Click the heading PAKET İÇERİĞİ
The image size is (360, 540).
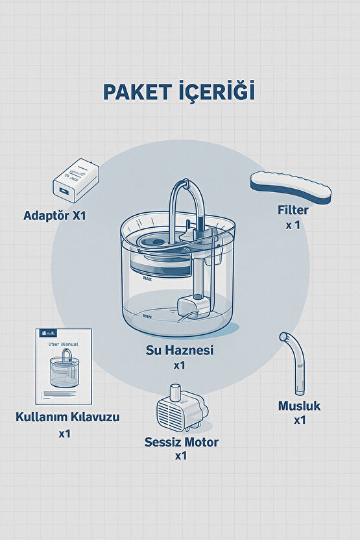[x=179, y=92]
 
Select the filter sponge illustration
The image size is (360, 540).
[x=291, y=187]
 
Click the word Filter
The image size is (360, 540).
[x=292, y=210]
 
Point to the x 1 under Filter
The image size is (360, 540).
[x=292, y=225]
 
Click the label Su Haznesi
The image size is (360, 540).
[x=180, y=350]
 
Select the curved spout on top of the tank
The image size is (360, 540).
[x=187, y=204]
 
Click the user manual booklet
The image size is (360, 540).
[x=64, y=367]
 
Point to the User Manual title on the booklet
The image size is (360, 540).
[x=63, y=346]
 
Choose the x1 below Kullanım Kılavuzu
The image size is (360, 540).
[x=64, y=433]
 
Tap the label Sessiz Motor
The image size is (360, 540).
[x=181, y=443]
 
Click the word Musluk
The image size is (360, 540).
[x=299, y=406]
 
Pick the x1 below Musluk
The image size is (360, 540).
[x=300, y=421]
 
